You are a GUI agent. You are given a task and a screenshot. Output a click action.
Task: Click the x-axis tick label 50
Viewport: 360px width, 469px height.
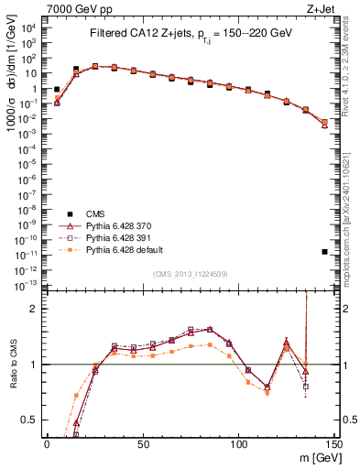[x=142, y=443]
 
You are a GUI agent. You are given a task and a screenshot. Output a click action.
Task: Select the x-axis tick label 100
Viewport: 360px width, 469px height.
[x=238, y=443]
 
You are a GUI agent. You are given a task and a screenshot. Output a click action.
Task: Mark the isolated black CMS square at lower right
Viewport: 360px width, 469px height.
[x=325, y=251]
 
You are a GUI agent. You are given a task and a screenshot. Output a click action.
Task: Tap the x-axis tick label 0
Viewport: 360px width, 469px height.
[x=47, y=443]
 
